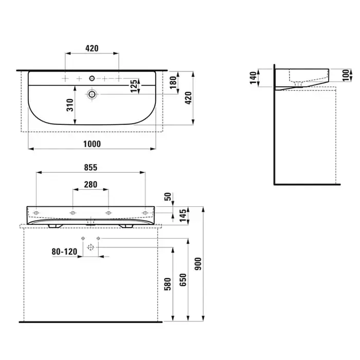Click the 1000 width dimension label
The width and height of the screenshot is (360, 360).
(92, 144)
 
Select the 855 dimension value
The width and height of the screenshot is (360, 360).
(91, 167)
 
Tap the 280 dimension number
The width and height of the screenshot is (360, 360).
(91, 184)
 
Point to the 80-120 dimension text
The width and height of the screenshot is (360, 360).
(64, 251)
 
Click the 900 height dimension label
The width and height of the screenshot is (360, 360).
(198, 263)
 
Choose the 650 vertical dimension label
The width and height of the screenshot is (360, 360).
(183, 280)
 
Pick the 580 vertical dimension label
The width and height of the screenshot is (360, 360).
(168, 284)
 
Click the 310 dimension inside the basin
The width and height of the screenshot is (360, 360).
(70, 105)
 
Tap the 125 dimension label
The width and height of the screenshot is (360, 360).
(134, 86)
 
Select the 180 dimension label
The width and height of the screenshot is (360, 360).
(173, 82)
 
